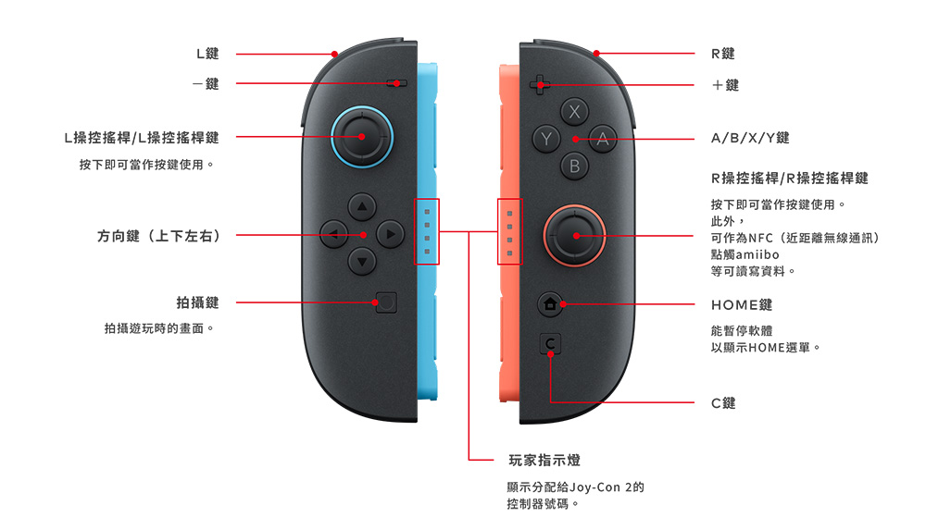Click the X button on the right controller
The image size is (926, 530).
click(574, 112)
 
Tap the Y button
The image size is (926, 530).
click(546, 140)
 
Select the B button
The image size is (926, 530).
click(574, 166)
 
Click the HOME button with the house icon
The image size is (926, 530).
click(550, 304)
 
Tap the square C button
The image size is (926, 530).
click(550, 343)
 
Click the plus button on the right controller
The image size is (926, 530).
click(539, 84)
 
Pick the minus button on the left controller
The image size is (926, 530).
click(396, 83)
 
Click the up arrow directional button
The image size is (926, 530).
click(362, 207)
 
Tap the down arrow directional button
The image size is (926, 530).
click(362, 262)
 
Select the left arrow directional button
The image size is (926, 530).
click(333, 234)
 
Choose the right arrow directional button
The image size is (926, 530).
click(390, 234)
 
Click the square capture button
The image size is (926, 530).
click(386, 302)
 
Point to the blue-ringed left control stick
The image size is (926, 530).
click(362, 137)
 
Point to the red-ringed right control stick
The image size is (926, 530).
click(574, 236)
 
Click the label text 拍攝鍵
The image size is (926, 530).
click(197, 302)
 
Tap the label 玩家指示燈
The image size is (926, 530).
click(544, 460)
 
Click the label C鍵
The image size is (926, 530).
click(723, 403)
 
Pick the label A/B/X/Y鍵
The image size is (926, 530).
click(750, 138)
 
